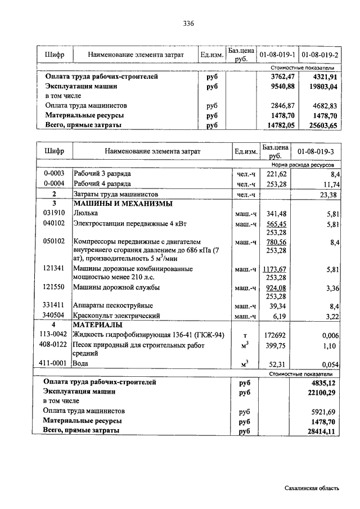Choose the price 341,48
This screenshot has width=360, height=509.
point(275,213)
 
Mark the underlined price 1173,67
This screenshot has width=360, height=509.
point(274,269)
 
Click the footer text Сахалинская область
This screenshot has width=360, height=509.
point(312,488)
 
